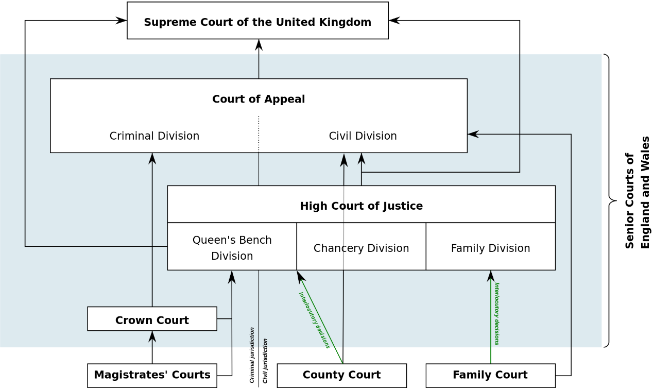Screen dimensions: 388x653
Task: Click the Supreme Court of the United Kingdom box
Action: coord(257,21)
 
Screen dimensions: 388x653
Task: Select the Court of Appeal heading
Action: coord(259,99)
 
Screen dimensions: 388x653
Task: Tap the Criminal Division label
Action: coord(154,136)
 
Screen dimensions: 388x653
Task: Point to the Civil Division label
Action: coord(363,136)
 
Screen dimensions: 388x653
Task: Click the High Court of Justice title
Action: coord(361,206)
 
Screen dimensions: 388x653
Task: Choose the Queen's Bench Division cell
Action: coord(232,247)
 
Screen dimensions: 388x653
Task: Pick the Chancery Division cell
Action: coord(361,248)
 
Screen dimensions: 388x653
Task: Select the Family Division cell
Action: coord(490,248)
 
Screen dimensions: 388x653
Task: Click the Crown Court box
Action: coord(152,319)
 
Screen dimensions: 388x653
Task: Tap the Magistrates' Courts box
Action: coord(152,375)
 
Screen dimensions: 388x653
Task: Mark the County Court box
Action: coord(341,375)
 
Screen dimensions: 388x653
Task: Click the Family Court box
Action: coord(490,375)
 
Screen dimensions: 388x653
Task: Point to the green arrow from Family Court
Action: coord(491,319)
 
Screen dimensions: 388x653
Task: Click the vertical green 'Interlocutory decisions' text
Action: coord(497,313)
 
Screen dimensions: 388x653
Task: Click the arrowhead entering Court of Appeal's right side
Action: coord(473,134)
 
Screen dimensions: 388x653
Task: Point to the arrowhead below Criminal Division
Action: coord(152,158)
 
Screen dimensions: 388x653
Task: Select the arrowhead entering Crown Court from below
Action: coord(152,336)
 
